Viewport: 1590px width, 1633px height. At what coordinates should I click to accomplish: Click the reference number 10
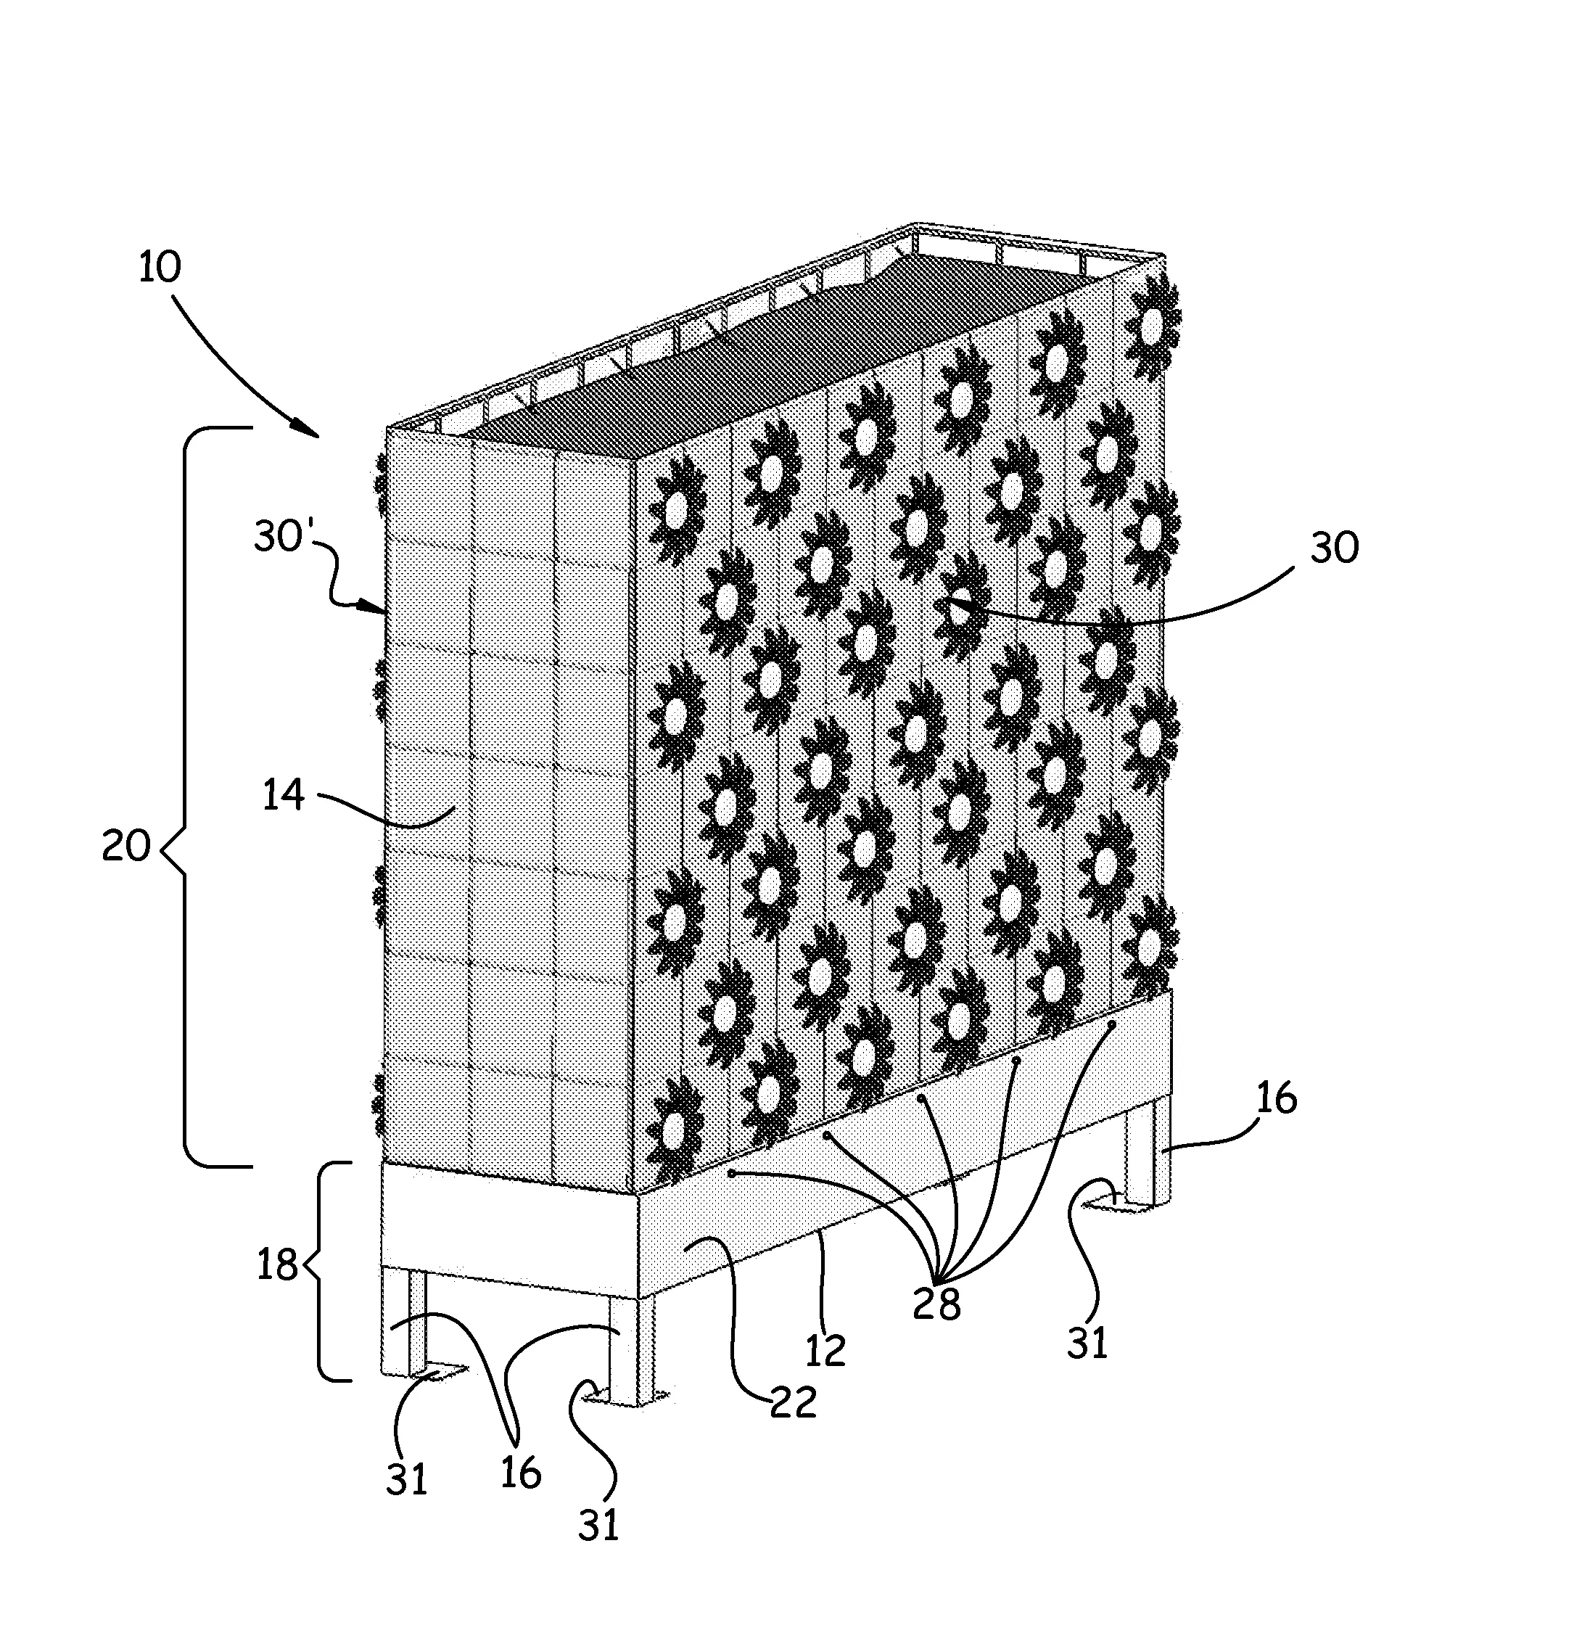tap(160, 268)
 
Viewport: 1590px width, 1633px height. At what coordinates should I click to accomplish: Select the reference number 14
tap(284, 795)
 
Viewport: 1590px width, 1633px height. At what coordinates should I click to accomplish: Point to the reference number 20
tap(126, 846)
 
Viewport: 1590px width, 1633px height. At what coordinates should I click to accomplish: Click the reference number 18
tap(277, 1264)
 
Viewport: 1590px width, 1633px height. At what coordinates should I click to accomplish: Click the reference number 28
tap(936, 1302)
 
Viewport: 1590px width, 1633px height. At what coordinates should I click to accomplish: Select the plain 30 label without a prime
tap(1335, 548)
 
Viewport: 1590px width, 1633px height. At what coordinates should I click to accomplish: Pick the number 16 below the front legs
tap(521, 1473)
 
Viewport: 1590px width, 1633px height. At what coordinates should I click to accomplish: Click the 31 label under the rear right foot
tap(1087, 1342)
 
